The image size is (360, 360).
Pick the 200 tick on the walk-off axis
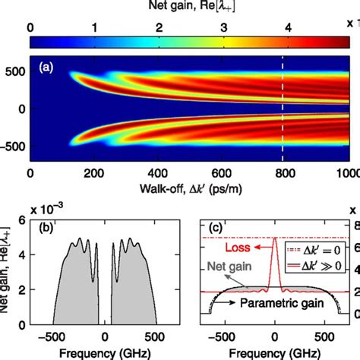coord(93,172)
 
